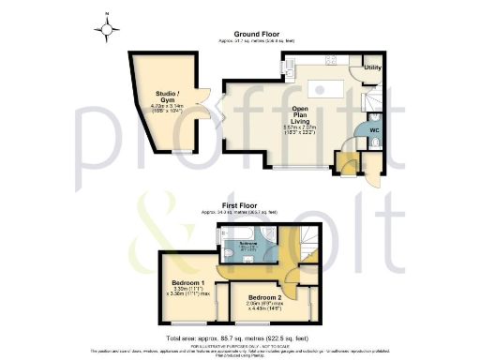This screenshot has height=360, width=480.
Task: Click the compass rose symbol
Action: click(x=109, y=27)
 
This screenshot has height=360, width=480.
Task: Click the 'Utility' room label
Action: click(x=372, y=68)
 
